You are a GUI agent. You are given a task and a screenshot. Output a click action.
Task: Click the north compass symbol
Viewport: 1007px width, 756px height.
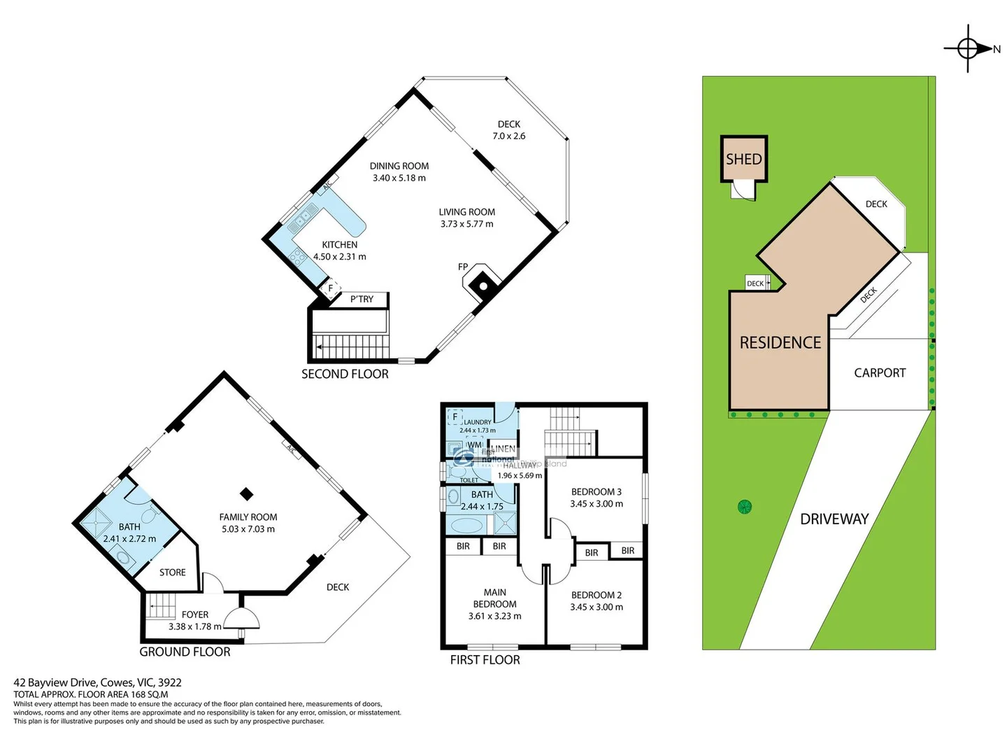coord(969,48)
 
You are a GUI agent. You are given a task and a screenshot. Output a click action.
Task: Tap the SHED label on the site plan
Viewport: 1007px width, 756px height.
coord(743,160)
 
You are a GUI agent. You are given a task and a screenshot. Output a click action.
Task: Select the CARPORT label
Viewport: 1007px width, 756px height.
coord(879,373)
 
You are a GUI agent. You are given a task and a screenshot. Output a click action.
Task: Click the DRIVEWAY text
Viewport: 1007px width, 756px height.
coord(834,519)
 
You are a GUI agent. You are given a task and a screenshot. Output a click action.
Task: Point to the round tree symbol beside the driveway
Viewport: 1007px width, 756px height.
coord(745,506)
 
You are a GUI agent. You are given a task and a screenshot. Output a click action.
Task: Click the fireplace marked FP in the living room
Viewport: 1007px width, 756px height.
coord(481,283)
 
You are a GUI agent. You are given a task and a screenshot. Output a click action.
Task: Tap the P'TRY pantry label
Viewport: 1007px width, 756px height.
coord(362,299)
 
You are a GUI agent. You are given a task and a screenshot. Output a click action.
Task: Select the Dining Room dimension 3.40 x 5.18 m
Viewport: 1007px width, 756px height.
coord(399,178)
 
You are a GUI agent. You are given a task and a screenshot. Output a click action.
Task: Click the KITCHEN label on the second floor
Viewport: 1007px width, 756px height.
coord(339,244)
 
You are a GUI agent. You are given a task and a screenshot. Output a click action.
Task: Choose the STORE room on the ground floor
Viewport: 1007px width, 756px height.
coord(172,572)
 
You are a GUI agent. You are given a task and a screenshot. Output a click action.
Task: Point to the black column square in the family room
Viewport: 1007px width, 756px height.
coord(246,493)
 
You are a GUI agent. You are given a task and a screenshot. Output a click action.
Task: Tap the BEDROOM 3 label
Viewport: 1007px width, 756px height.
coord(596,491)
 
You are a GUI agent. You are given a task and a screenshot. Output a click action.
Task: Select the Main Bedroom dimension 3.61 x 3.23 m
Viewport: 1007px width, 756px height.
coord(494,616)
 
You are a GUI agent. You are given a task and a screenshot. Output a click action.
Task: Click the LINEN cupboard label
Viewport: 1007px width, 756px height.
coord(503,449)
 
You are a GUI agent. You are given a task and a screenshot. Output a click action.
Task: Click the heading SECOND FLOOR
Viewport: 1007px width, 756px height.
coord(345,374)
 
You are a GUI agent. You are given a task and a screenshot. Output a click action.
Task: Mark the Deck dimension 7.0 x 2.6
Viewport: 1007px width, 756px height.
coord(508,136)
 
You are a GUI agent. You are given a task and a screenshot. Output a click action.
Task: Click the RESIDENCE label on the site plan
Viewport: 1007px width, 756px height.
coord(780,342)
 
